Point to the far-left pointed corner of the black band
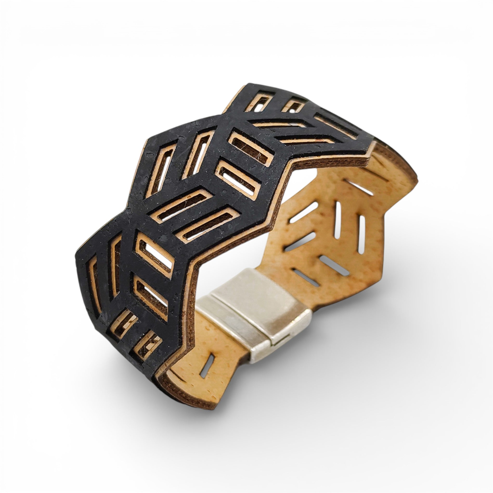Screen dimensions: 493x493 (77, 256)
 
